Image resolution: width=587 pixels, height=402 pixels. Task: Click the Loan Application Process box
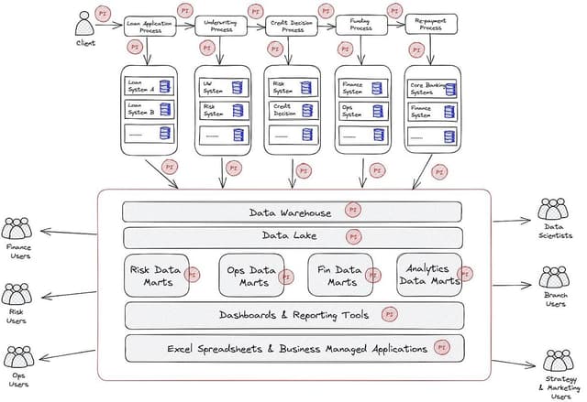[x=150, y=27]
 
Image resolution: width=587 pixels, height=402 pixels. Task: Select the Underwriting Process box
[x=221, y=26]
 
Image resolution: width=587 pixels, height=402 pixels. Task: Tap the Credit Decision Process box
[x=292, y=26]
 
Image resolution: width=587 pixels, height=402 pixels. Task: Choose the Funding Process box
[x=360, y=25]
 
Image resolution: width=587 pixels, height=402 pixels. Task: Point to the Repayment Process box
[x=431, y=25]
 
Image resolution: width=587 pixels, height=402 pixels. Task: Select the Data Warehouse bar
[x=292, y=212]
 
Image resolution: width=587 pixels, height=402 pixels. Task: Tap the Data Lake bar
[x=292, y=236]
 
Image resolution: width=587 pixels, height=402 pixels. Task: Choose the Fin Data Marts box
[x=339, y=276]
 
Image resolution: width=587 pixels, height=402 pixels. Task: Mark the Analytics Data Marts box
[x=429, y=275]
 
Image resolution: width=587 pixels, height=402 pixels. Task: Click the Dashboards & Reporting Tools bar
[x=293, y=315]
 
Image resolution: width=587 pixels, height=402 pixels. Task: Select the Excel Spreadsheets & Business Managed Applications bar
[x=293, y=348]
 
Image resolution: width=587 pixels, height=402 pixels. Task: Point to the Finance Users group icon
[x=18, y=229]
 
